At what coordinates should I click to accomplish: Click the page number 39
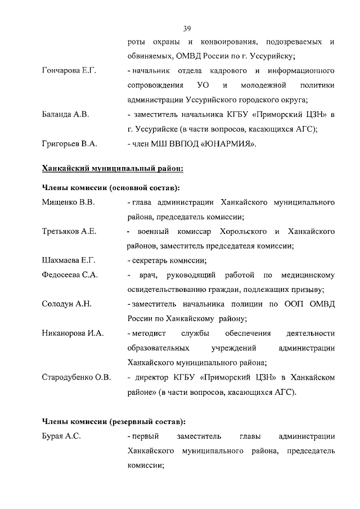187,28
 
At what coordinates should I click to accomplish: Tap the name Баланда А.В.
65,115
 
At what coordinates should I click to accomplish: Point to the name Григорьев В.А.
70,144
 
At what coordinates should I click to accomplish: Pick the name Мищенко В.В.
68,202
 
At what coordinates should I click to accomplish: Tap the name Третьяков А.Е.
69,232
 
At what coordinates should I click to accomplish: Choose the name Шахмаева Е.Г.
69,260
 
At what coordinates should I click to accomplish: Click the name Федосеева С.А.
70,275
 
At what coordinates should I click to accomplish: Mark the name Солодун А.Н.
67,304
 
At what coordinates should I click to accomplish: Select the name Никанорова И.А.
73,334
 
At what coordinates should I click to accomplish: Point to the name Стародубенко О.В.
76,377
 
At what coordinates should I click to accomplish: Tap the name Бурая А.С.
62,436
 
